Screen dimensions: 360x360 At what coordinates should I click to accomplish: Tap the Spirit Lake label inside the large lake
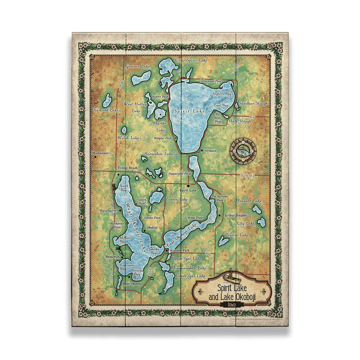189,111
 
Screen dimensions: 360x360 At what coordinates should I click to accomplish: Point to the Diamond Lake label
105,110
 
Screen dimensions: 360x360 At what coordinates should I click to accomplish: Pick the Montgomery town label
101,153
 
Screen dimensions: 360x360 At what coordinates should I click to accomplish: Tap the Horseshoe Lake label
159,154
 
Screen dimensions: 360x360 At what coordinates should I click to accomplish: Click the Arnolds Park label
179,250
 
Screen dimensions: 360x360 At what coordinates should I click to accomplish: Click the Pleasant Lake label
249,201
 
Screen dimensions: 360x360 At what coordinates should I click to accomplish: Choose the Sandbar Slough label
253,104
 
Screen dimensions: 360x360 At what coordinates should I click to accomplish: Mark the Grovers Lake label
137,66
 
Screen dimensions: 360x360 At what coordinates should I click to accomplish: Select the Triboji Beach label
128,168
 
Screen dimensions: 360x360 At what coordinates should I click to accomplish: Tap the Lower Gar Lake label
190,276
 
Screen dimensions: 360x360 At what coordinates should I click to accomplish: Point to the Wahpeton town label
112,257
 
